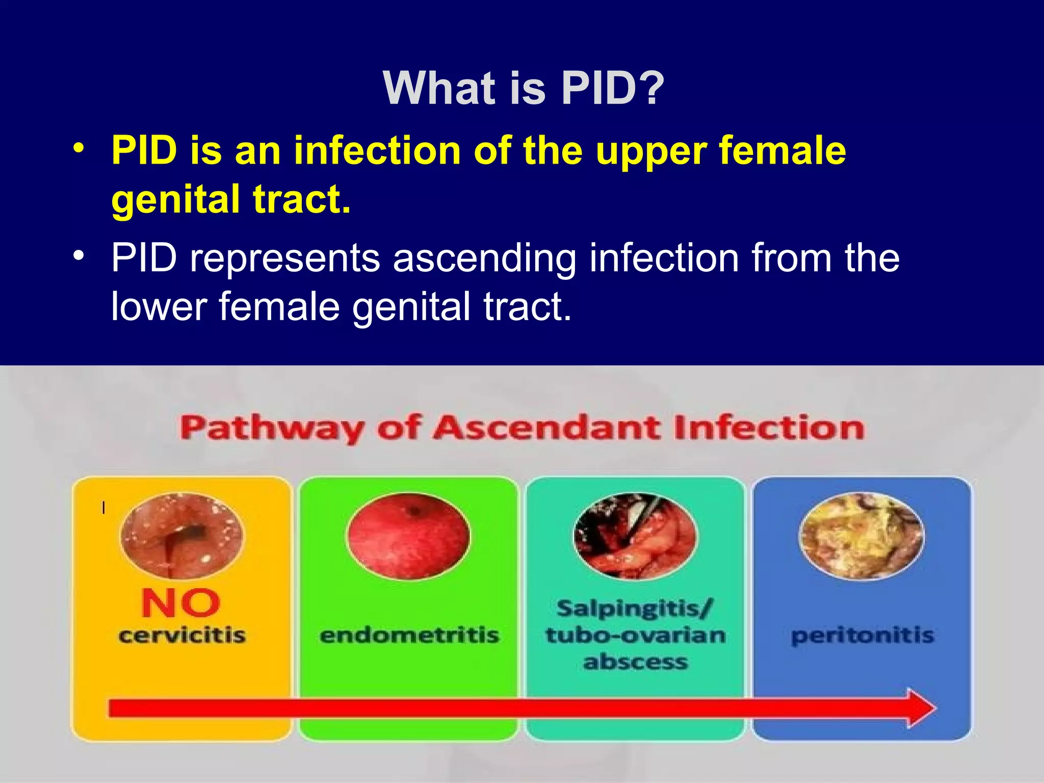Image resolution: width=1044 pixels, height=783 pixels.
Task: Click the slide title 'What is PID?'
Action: point(523,89)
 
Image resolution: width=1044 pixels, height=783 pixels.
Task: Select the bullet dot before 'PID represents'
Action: point(78,255)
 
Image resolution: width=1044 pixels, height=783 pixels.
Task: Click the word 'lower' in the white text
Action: point(159,307)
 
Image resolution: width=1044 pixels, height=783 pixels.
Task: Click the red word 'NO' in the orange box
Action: point(181,604)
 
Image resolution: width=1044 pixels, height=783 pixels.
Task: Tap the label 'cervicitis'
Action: point(182,636)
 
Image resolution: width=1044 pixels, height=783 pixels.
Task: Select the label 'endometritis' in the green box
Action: point(409,636)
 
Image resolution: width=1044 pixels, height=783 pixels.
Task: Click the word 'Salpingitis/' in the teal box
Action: point(635,609)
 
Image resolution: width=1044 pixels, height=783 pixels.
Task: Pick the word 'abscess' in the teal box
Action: point(636,662)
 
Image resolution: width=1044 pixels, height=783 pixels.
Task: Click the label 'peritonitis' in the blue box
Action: point(863,636)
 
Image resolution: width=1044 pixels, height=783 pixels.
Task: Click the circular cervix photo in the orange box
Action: point(182,536)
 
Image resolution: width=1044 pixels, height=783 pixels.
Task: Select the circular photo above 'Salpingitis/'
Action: point(635,536)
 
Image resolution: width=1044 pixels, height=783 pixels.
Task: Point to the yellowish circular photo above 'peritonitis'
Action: point(862,536)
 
